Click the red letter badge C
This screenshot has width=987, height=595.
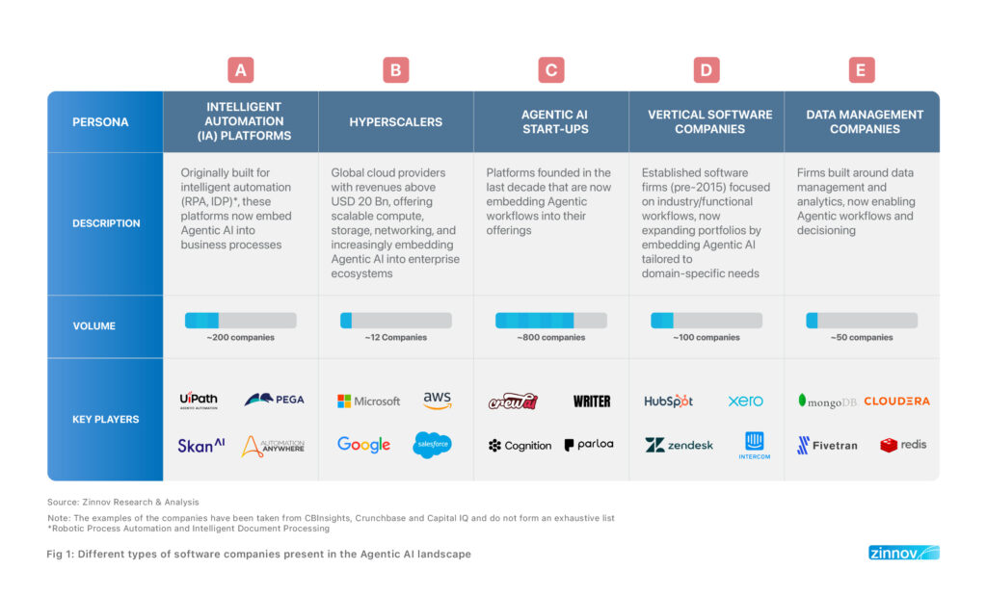click(x=550, y=70)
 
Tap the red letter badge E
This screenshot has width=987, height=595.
click(x=861, y=70)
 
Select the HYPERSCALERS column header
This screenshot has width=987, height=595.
click(x=396, y=122)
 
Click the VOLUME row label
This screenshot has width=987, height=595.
click(x=93, y=325)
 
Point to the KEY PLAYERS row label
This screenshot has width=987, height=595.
click(x=106, y=419)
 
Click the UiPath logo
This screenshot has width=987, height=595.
click(x=199, y=400)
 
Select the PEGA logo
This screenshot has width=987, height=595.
click(x=275, y=400)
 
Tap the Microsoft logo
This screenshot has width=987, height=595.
click(x=369, y=401)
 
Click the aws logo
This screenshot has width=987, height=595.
click(x=438, y=400)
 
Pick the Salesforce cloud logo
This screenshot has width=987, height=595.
click(x=433, y=445)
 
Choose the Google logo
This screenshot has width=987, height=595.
click(x=363, y=445)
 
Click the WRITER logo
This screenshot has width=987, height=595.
click(x=592, y=401)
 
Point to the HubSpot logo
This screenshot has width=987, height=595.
click(x=669, y=401)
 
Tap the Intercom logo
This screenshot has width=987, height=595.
click(x=754, y=446)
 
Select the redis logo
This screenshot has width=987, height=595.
click(x=903, y=446)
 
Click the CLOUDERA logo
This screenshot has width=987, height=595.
click(x=896, y=401)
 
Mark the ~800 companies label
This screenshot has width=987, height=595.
click(x=550, y=338)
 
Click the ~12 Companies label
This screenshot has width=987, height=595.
click(x=396, y=338)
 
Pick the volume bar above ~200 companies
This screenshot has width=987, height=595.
click(x=240, y=321)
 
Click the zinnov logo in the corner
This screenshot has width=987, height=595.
click(x=904, y=553)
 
